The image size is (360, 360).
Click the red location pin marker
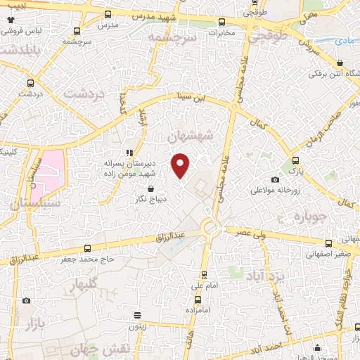pos(181,165)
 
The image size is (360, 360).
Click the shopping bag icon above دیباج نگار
pos(152,188)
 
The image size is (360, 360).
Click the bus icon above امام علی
pos(205,275)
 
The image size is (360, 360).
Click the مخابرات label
pos(223,32)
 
